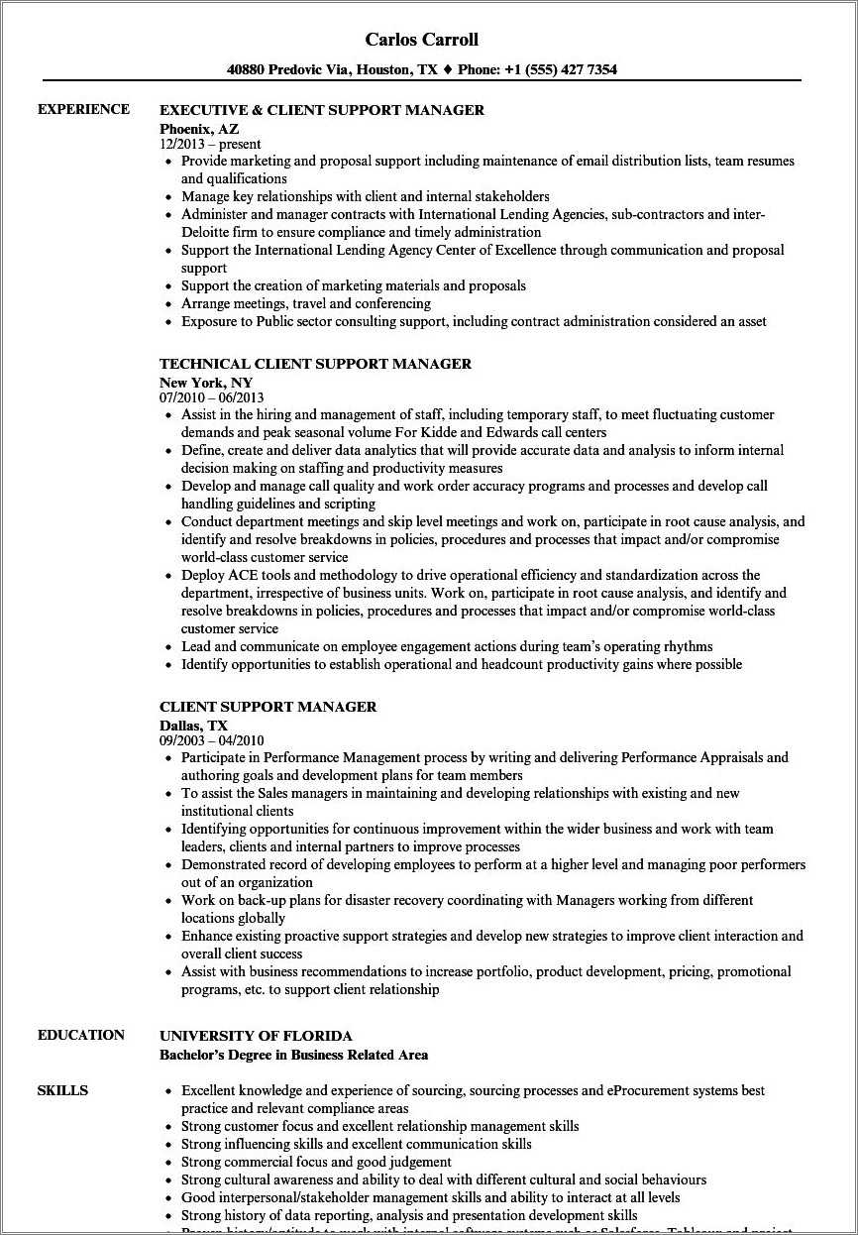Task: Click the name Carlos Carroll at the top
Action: pyautogui.click(x=421, y=40)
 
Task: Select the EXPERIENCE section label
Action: pyautogui.click(x=84, y=109)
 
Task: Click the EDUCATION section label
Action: pyautogui.click(x=81, y=1035)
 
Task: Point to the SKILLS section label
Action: pyautogui.click(x=62, y=1090)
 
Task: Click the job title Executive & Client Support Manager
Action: pyautogui.click(x=322, y=110)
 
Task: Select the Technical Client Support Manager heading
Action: pyautogui.click(x=315, y=364)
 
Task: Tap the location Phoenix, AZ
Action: pyautogui.click(x=199, y=128)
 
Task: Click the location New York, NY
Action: pyautogui.click(x=206, y=382)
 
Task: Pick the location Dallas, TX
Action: pyautogui.click(x=193, y=725)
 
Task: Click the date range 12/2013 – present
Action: pyautogui.click(x=210, y=144)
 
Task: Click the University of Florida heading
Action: pyautogui.click(x=256, y=1036)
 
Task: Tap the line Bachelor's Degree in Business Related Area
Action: pyautogui.click(x=293, y=1055)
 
